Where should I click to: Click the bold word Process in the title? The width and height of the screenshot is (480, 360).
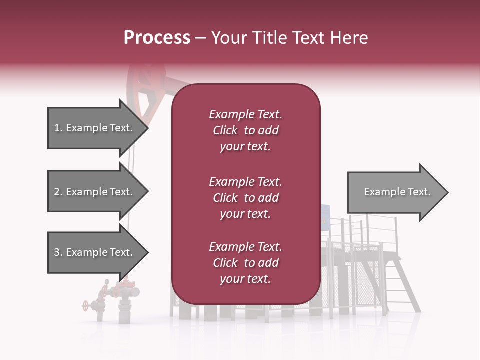coord(157,38)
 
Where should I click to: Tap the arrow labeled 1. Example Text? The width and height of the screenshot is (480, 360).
coord(95,128)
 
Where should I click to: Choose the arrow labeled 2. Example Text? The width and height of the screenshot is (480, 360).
coord(95,192)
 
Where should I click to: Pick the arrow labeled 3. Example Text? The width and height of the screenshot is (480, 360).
coord(95,253)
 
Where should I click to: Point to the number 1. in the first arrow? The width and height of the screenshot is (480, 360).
coord(58,128)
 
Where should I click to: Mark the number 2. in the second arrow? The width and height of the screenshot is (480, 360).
coord(58,192)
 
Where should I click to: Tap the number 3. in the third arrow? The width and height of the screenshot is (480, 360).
coord(58,253)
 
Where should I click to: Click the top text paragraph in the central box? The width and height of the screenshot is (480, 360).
coord(245,130)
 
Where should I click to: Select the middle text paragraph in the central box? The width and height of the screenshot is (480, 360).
coord(245,198)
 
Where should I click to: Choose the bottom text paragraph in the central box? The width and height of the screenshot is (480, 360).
coord(245,263)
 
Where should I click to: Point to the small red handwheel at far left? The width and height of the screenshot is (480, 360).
coord(85,305)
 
